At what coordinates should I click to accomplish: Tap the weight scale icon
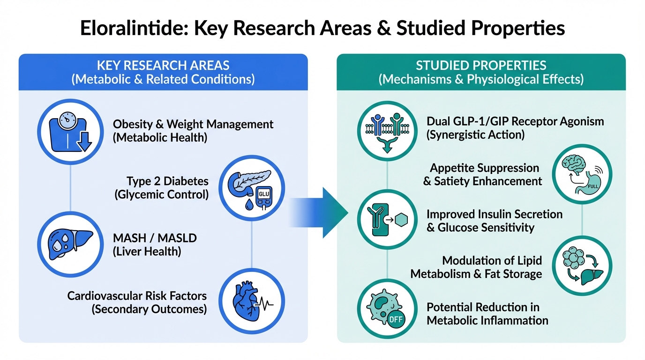coord(70,130)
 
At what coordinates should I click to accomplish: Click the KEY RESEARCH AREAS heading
coord(163,65)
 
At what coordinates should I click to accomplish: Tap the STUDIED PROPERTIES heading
coord(481,65)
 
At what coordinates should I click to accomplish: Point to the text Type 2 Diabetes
coord(167,181)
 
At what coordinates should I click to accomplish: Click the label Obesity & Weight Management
coord(193,124)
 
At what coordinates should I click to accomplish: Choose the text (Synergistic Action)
coord(475,135)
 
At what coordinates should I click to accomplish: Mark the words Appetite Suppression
coord(484,168)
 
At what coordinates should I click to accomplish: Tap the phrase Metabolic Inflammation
coord(487,321)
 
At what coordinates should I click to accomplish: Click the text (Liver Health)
coord(147,251)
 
